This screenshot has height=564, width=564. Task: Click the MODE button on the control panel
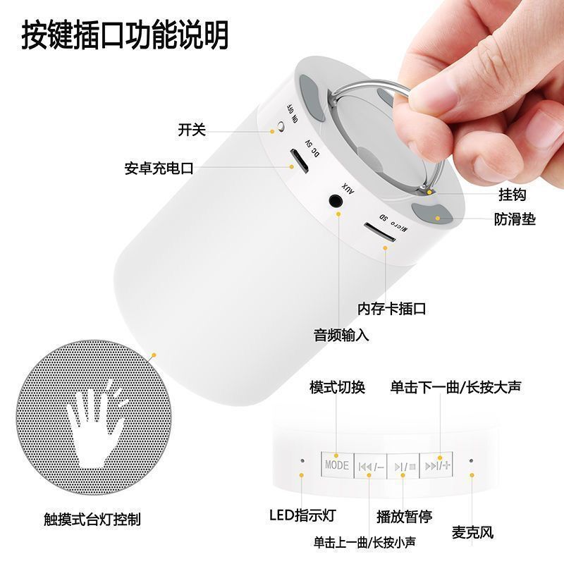337,465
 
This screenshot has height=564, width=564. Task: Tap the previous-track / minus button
371,466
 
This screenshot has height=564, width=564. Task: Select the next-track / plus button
436,465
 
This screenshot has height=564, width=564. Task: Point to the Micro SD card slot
379,232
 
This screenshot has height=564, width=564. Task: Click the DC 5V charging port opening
299,161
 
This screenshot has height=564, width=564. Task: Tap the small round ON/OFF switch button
281,126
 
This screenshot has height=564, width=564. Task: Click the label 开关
192,130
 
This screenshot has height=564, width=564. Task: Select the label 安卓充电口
159,168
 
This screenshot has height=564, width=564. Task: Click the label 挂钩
513,195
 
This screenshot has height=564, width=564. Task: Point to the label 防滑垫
515,219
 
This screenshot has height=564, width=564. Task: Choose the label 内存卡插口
392,309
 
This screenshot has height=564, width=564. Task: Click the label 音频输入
341,335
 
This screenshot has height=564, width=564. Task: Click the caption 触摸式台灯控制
92,519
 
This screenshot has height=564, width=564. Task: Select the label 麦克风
472,532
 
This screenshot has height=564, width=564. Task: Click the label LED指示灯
302,515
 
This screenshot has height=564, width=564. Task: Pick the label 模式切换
338,387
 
